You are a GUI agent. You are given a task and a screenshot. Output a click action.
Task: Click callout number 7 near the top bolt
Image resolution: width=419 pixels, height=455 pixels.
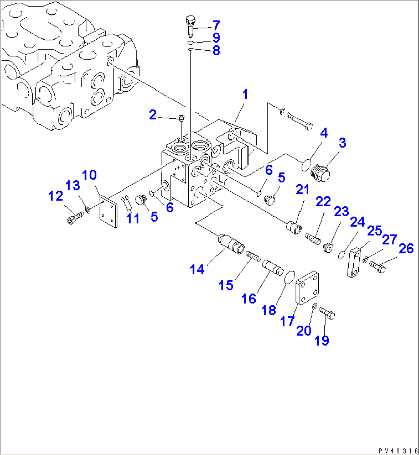click(x=216, y=26)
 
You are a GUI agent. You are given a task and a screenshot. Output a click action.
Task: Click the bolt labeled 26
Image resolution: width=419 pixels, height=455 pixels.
click(x=377, y=267)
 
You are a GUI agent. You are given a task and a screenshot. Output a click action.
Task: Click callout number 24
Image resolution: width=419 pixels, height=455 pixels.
click(x=357, y=223)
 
